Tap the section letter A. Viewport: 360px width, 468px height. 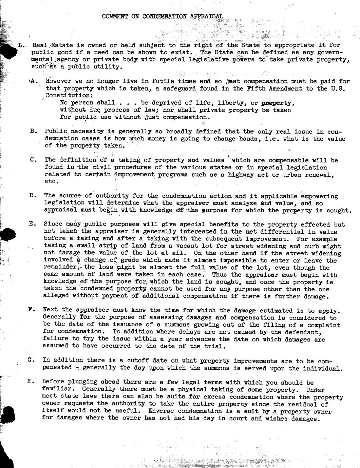tap(33, 81)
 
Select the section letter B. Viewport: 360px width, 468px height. tap(33, 131)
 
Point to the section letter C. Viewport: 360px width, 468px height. tap(33, 160)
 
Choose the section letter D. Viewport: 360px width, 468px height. tap(33, 195)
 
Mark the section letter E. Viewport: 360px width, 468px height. tap(32, 224)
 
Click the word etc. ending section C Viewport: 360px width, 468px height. tap(51, 181)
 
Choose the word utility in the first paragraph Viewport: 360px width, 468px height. tap(109, 66)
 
